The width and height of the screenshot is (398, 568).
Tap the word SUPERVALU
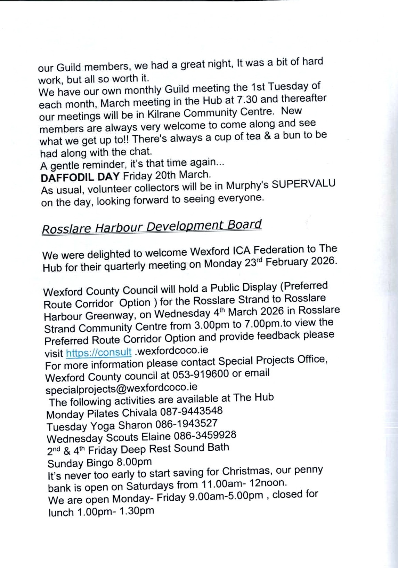(x=303, y=184)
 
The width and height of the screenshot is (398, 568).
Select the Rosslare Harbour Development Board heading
(x=152, y=227)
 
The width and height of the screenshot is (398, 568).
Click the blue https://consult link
(x=99, y=353)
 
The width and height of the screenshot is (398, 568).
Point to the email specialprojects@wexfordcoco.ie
(x=121, y=387)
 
